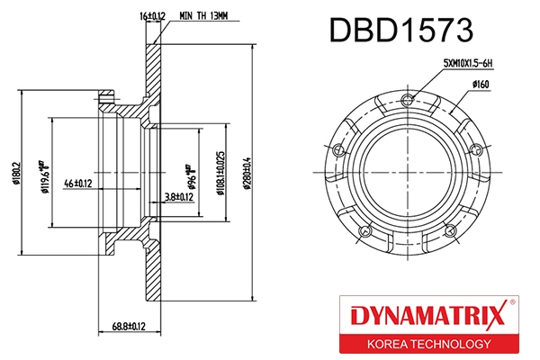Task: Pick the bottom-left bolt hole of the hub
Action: click(365, 231)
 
